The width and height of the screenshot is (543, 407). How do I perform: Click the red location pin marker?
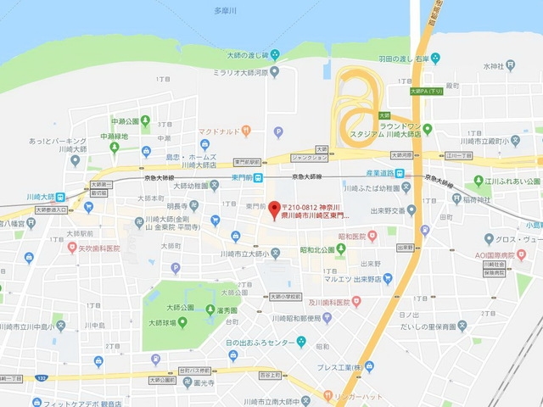pos(274,209)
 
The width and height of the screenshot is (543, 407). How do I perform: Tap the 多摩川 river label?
pos(225,10)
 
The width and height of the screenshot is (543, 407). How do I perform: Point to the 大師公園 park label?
pos(181,307)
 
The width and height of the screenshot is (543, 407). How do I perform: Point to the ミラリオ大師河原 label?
pos(240,73)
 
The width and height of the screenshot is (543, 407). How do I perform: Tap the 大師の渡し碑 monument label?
pos(244,55)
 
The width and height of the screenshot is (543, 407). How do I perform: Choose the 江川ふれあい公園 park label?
pos(512,181)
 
